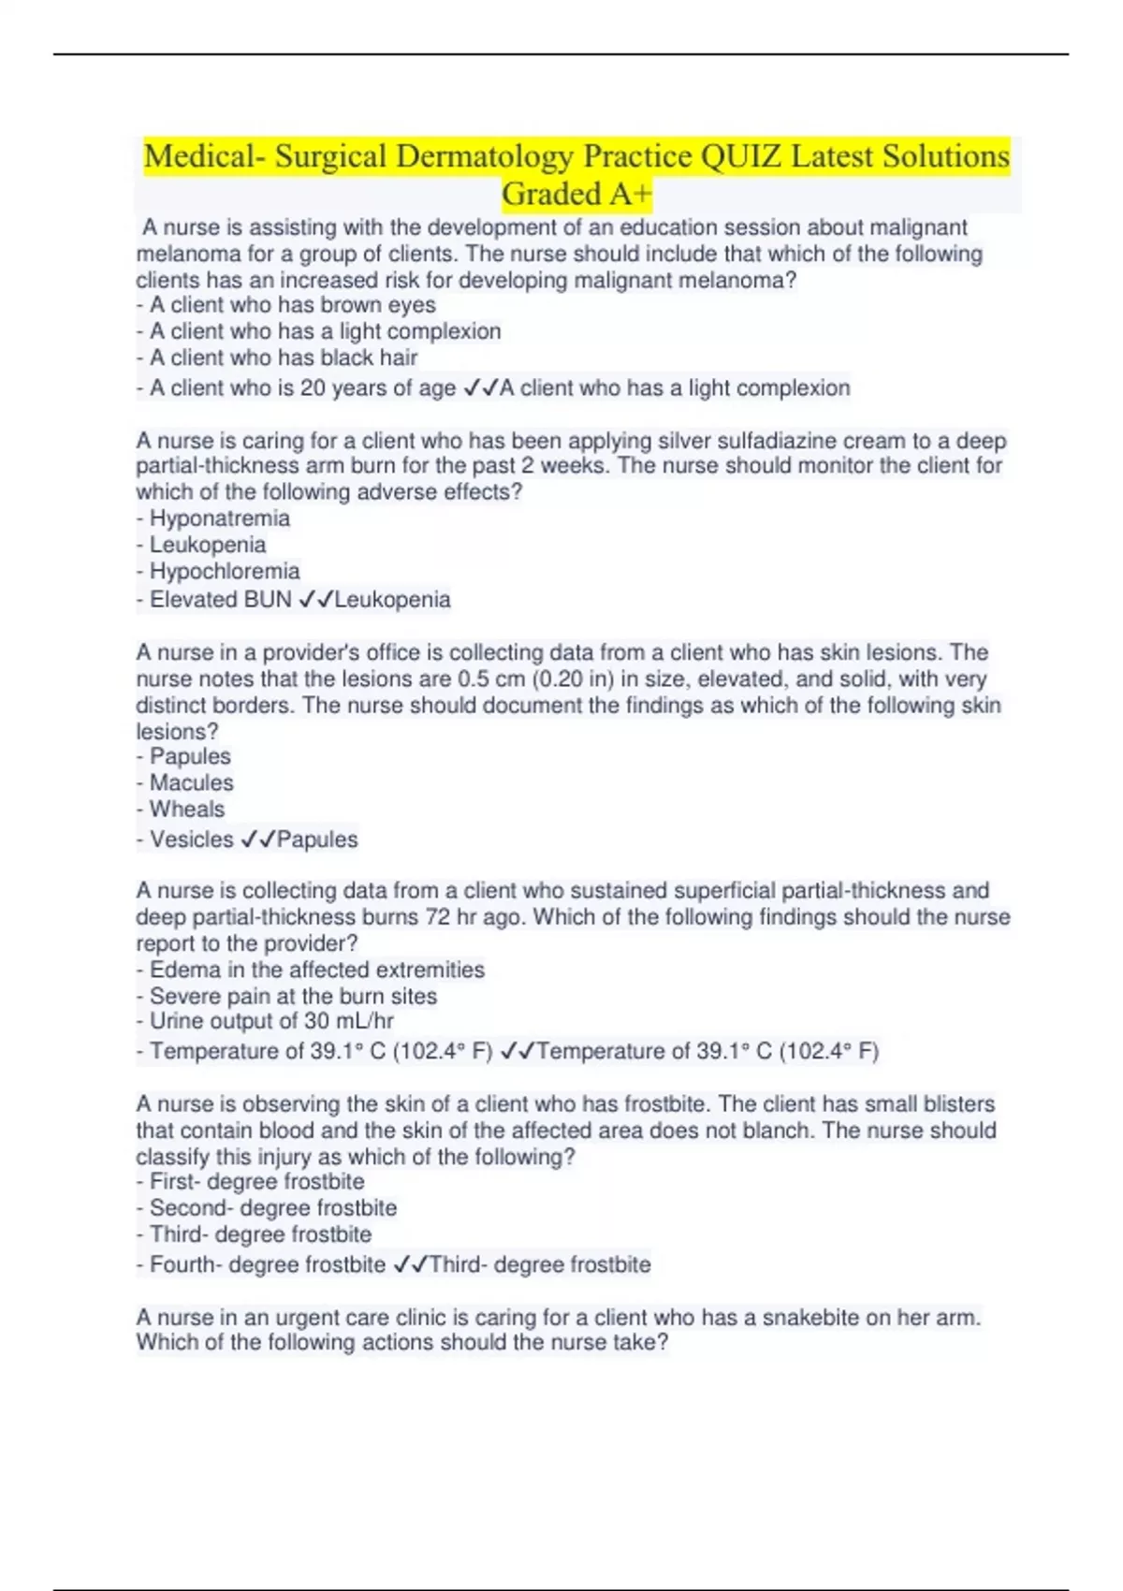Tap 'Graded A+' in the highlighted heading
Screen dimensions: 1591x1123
click(x=576, y=194)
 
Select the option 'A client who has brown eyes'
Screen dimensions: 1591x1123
click(x=292, y=305)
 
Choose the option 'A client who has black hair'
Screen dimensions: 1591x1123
click(x=283, y=358)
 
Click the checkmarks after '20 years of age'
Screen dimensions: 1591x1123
click(x=480, y=388)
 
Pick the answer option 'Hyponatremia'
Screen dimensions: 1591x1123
click(x=219, y=518)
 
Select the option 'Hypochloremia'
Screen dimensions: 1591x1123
click(x=225, y=571)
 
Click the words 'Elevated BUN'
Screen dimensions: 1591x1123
click(x=221, y=600)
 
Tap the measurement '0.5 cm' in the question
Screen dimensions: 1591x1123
click(x=494, y=679)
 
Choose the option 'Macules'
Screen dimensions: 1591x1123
click(x=191, y=783)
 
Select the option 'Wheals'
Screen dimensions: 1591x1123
click(x=187, y=810)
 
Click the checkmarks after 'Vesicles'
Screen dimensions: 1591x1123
click(x=257, y=839)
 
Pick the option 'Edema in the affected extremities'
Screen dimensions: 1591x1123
click(x=316, y=970)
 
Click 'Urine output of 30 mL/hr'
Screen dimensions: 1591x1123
click(x=271, y=1021)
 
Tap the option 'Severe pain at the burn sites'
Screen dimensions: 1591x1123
click(x=293, y=996)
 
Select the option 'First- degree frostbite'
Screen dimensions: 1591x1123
click(x=256, y=1182)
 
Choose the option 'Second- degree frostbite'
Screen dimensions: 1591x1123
click(x=272, y=1208)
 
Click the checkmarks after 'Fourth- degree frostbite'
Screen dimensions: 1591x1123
click(x=411, y=1265)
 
